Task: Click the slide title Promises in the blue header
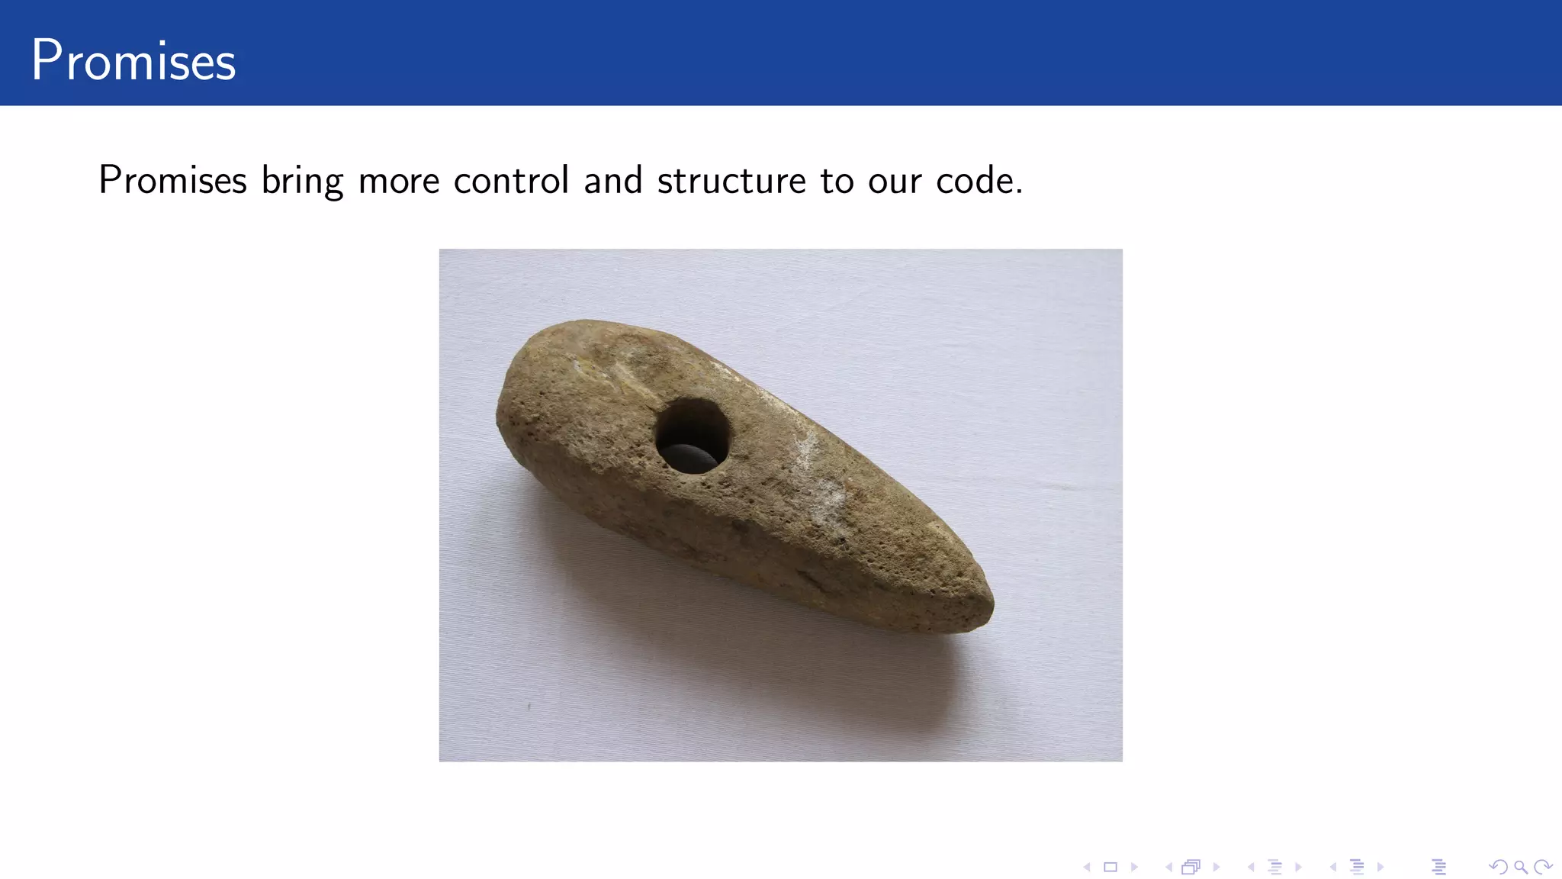[133, 60]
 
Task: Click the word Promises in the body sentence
[173, 181]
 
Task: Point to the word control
[511, 181]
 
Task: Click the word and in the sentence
[613, 181]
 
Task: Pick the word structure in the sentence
[731, 182]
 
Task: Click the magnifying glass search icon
[1520, 867]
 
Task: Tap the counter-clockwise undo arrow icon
[1498, 867]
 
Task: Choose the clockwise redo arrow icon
[1543, 867]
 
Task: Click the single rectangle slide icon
[1110, 867]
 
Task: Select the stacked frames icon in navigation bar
[1191, 867]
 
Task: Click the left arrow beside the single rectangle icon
[1088, 867]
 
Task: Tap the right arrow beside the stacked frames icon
[1216, 867]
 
